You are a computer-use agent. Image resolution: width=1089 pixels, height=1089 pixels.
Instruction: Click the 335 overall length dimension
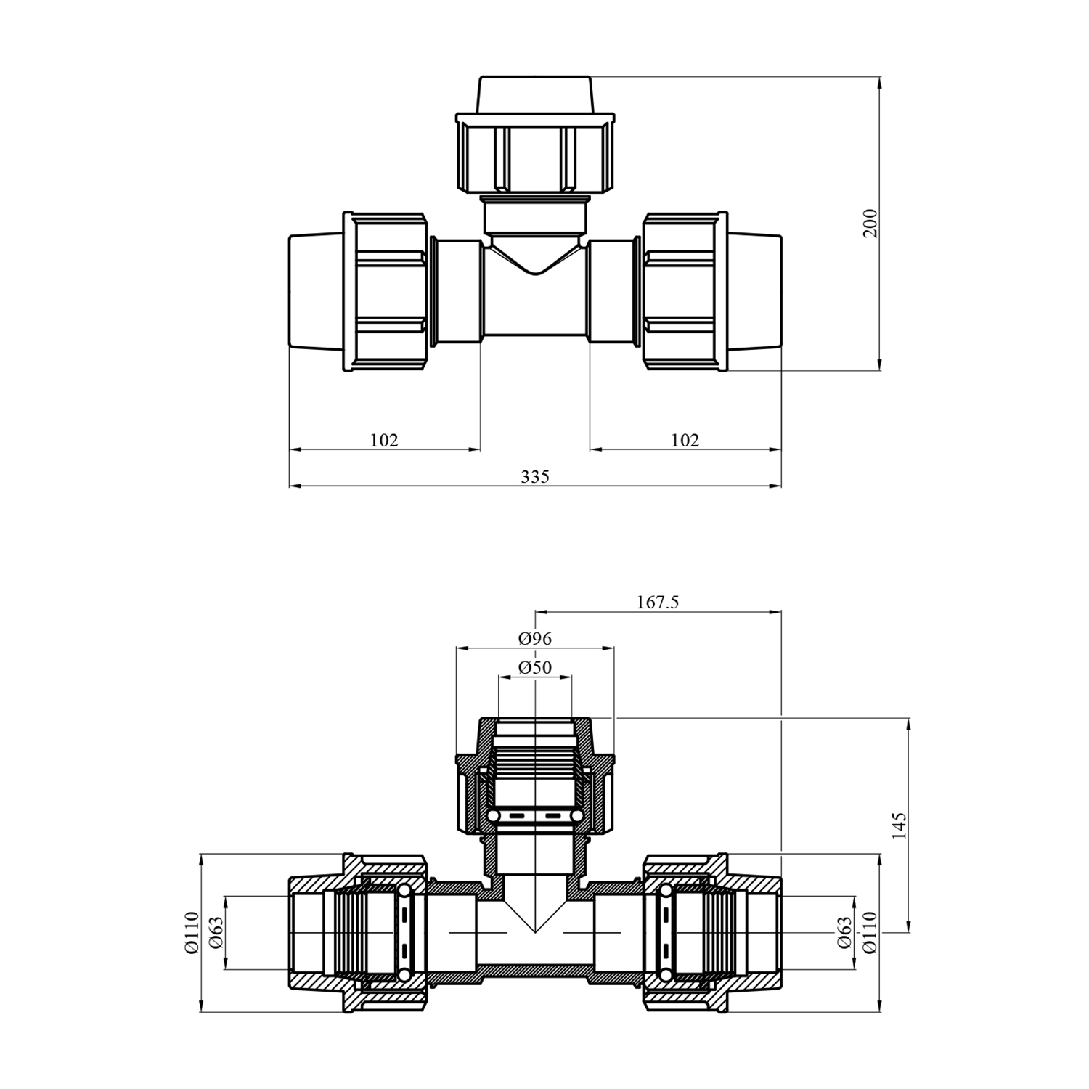535,477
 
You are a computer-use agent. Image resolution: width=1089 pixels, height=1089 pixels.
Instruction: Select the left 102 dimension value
384,440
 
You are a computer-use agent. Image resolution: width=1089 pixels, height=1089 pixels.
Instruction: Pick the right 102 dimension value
685,440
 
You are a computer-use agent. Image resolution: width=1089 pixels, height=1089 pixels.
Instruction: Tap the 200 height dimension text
870,223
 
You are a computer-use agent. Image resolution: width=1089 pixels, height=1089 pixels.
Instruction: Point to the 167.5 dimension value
658,602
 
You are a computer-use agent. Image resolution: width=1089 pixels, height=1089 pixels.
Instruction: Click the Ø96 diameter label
535,638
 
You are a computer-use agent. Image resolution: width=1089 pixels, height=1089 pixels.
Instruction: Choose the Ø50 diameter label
535,667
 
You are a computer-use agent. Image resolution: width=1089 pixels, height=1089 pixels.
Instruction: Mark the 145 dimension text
899,826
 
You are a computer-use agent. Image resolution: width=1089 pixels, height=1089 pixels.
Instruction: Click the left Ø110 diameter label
192,933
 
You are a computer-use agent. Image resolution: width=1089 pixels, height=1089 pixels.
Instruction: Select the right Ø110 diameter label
870,933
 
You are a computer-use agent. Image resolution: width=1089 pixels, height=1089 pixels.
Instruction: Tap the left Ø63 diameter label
216,933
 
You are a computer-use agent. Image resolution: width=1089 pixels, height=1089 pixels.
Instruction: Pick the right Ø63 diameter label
844,933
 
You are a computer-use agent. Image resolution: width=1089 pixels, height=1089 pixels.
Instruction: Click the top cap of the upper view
535,94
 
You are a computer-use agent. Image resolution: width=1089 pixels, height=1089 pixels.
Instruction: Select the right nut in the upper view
685,292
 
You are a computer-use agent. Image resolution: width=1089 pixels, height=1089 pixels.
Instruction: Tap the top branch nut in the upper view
535,153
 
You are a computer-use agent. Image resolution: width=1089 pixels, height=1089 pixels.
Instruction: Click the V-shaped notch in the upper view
536,261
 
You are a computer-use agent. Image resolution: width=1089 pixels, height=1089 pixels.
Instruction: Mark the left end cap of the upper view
316,292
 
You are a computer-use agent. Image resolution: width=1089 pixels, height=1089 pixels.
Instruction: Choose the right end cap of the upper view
755,292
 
